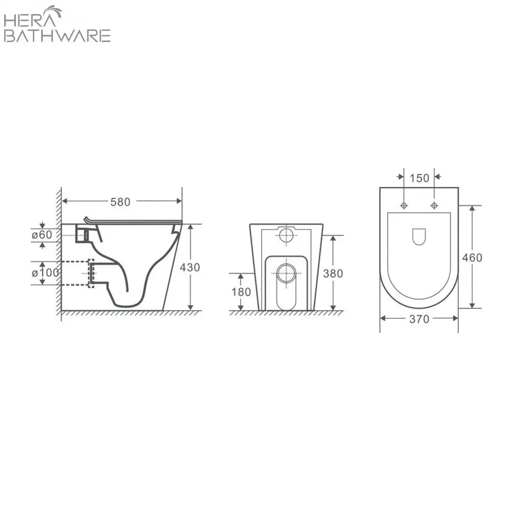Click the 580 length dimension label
[121, 202]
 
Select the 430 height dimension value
[190, 267]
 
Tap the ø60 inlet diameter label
[41, 235]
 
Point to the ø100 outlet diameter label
[45, 272]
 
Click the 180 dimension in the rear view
[241, 292]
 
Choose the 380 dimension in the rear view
[333, 273]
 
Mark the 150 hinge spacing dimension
[419, 178]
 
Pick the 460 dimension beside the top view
[472, 257]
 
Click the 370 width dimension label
[419, 319]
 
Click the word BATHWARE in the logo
[57, 36]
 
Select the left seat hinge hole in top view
[404, 205]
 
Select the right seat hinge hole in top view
[434, 205]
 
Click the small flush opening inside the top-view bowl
[419, 236]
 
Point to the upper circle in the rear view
[287, 236]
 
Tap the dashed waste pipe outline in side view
[90, 273]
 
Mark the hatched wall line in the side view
[59, 255]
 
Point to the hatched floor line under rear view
[286, 313]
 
